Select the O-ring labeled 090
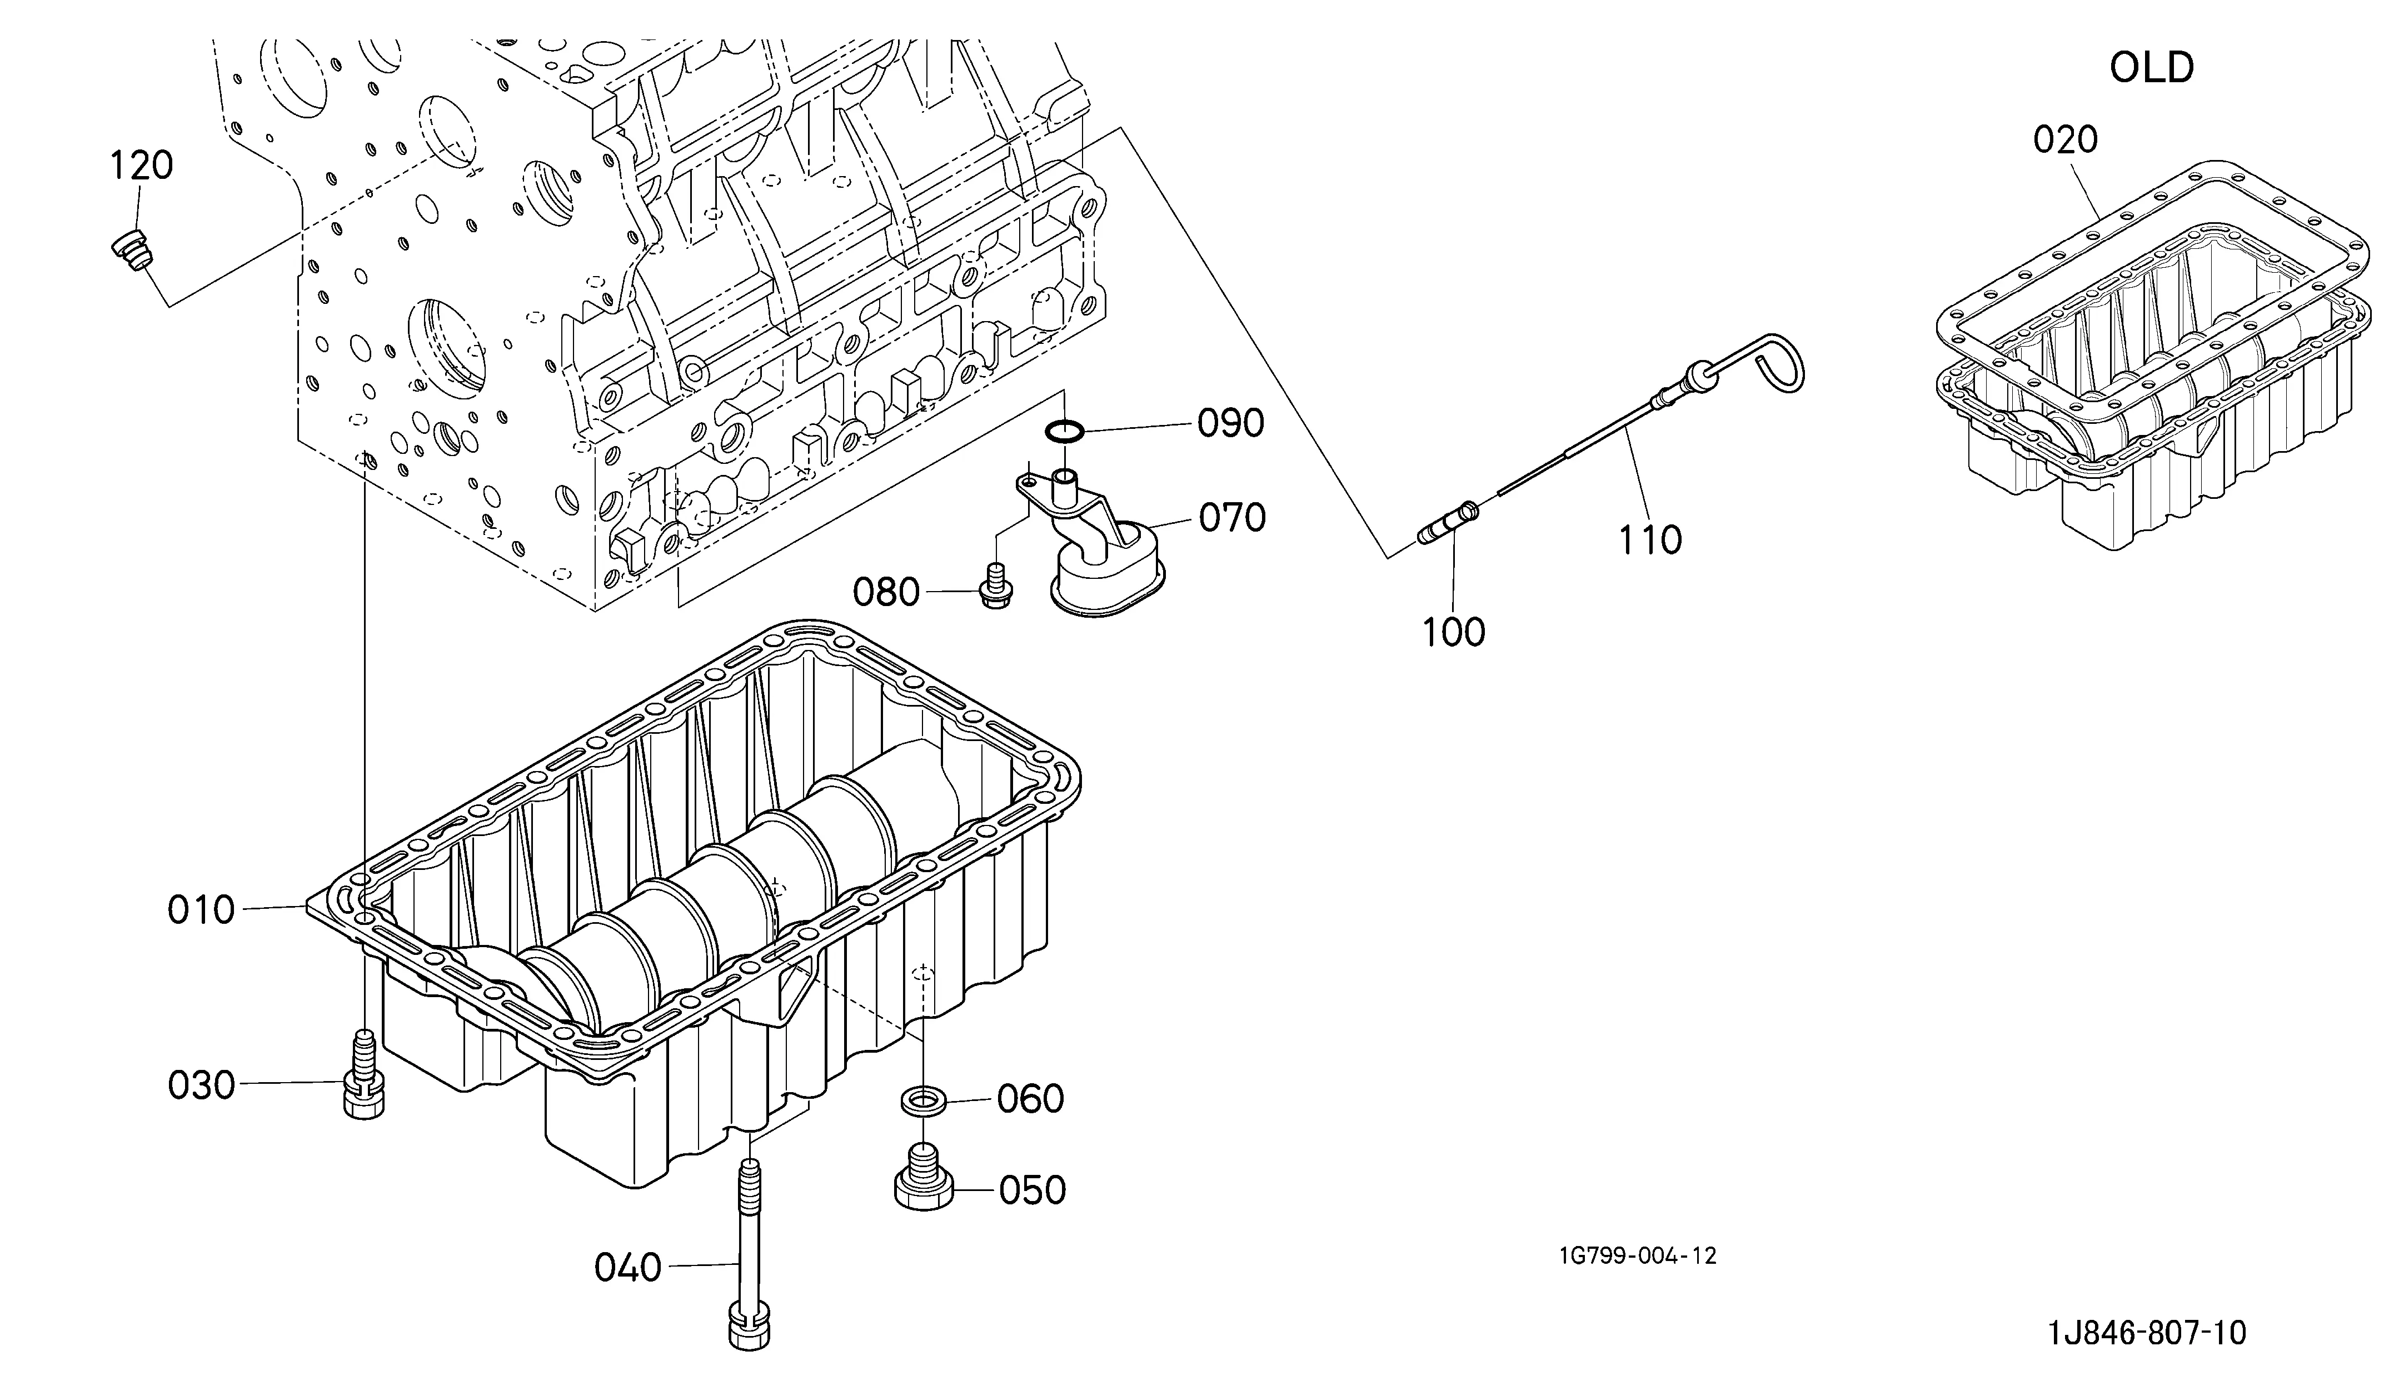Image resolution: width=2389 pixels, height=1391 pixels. [x=1065, y=432]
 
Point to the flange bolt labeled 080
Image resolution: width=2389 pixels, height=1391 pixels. [x=995, y=586]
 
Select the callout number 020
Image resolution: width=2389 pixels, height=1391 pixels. [x=2066, y=140]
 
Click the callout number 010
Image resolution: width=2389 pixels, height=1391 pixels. [x=201, y=910]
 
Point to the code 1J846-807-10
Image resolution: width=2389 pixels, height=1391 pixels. [x=2147, y=1333]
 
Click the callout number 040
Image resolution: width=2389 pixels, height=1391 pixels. [x=627, y=1268]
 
